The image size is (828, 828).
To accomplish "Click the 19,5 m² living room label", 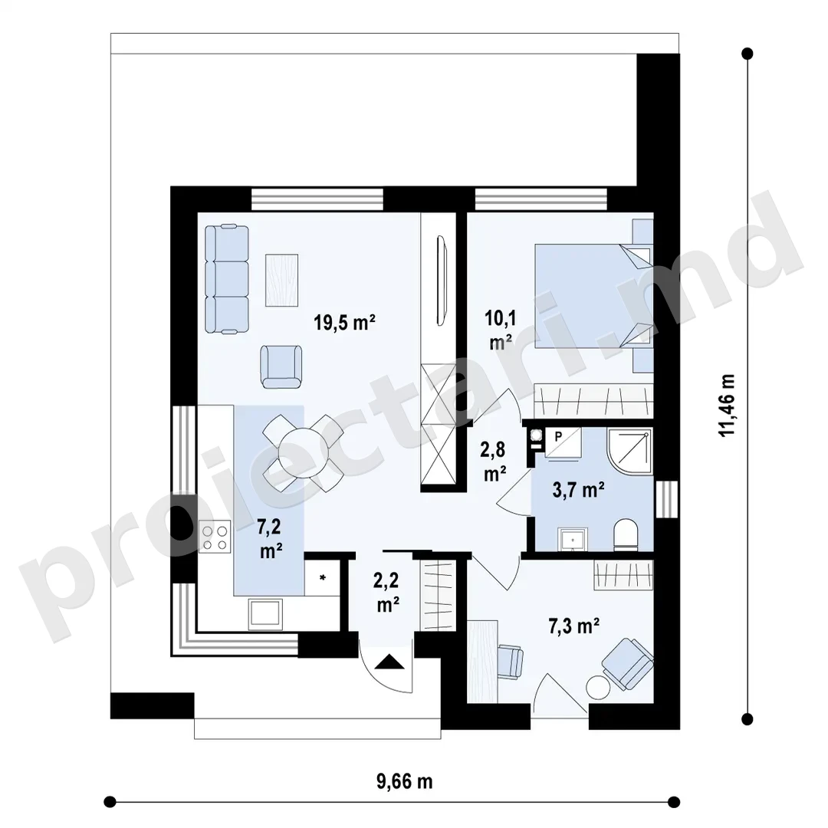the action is (x=344, y=321).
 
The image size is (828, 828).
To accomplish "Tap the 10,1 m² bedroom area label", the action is (x=501, y=330).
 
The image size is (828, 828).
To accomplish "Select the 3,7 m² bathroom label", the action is (x=578, y=490).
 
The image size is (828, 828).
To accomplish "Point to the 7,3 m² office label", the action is (x=574, y=626).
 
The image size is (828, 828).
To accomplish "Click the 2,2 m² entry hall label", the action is (x=388, y=593).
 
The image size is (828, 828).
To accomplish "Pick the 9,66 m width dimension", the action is (x=405, y=781).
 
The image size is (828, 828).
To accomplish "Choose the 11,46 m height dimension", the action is (x=727, y=405).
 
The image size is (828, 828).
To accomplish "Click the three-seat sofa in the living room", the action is (x=226, y=279).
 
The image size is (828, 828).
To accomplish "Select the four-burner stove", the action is (x=215, y=537).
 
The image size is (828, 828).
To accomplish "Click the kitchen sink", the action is (x=265, y=613).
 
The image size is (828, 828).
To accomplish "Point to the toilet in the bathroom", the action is (x=626, y=534).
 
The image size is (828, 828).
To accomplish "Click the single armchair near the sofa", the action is (x=281, y=366).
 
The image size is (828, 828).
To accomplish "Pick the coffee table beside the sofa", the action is (x=281, y=281).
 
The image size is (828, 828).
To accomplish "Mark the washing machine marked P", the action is (x=563, y=442).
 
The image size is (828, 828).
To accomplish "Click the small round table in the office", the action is (x=598, y=688).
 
